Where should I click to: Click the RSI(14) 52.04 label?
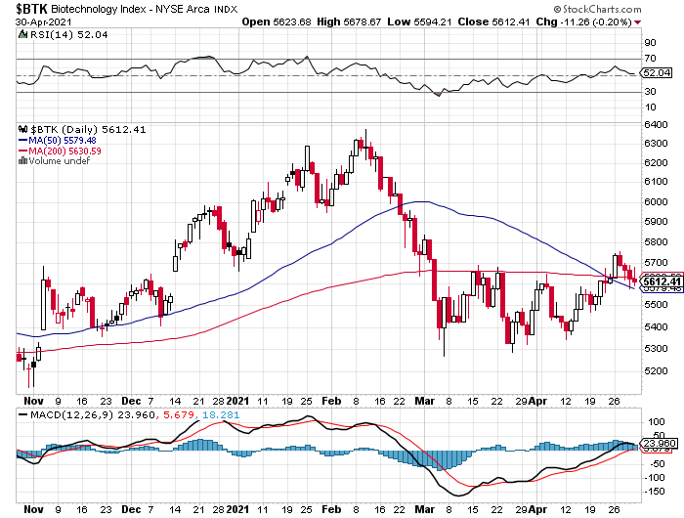coord(59,33)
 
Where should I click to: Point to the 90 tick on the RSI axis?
coord(648,43)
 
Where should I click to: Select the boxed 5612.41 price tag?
coord(656,281)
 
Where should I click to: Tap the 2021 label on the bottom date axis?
coord(240,509)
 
